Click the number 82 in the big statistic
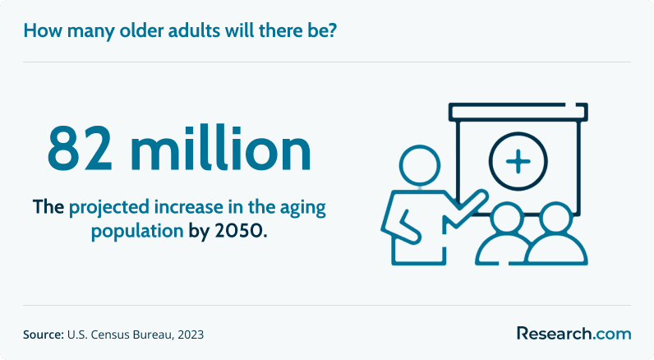tap(80, 148)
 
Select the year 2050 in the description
tap(239, 231)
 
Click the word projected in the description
tap(108, 208)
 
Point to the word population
tap(137, 232)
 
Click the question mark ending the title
tap(332, 31)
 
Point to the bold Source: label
tap(44, 335)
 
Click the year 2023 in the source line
tap(191, 335)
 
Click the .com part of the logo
tap(611, 335)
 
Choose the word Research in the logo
tap(555, 334)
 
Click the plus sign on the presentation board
tap(518, 161)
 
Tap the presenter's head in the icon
tap(420, 165)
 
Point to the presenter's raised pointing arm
tap(467, 209)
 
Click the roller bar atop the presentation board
tap(518, 113)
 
